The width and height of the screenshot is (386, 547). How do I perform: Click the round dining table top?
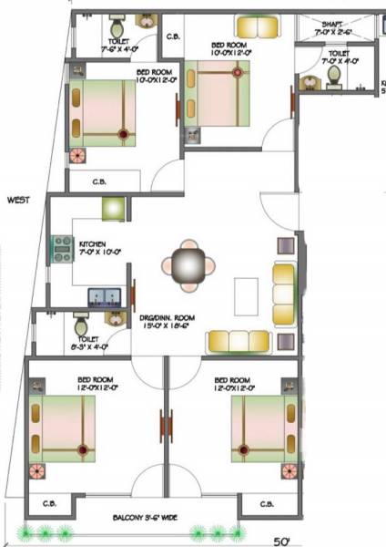click(x=188, y=266)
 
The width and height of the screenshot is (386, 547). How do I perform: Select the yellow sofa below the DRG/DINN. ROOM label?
click(x=238, y=341)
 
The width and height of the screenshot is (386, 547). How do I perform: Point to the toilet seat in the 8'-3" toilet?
click(x=78, y=323)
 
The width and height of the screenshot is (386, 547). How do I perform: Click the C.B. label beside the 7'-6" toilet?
click(x=173, y=37)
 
